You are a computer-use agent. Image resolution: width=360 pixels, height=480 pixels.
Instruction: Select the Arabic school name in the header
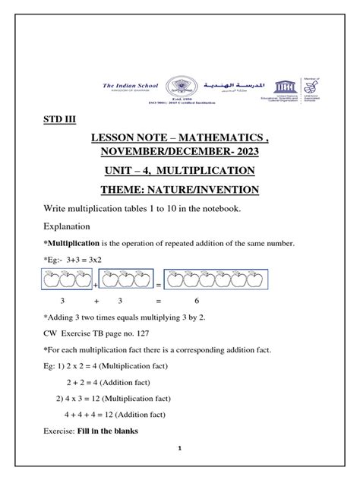click(x=234, y=87)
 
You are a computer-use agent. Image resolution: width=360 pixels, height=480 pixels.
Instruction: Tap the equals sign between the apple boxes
click(x=158, y=286)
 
